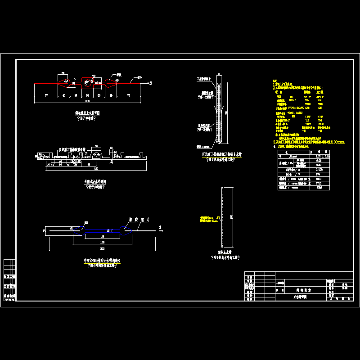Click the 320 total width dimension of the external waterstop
coord(95,168)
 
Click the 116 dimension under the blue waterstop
coord(102,237)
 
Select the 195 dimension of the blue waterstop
coord(102,242)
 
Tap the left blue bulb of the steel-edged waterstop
coord(81,230)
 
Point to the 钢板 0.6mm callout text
coord(202,146)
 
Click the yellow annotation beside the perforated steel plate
coord(207,219)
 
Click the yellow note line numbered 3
coord(309,142)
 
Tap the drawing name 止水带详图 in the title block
coord(299,298)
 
